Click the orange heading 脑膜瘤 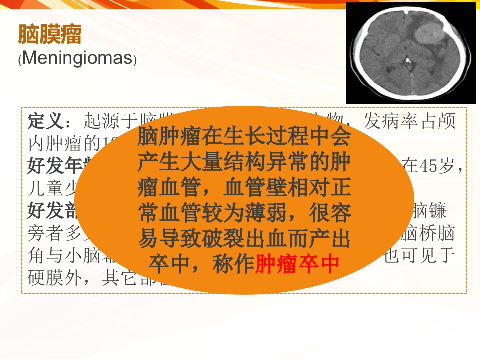49,35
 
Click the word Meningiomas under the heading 77,59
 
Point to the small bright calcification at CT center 407,62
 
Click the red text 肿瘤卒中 297,265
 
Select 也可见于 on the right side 418,255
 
